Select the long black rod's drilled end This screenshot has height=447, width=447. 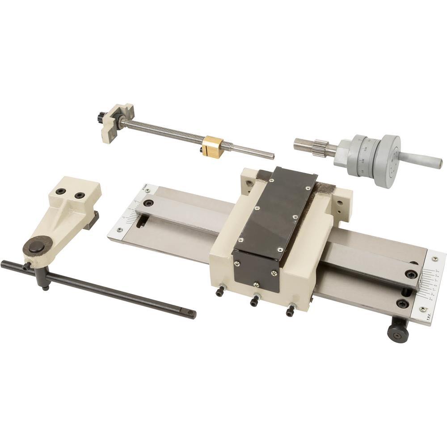click(x=191, y=314)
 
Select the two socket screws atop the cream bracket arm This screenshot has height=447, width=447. click(x=70, y=194)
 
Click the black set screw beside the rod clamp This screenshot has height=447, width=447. click(x=27, y=266)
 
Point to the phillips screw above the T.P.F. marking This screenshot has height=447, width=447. click(x=422, y=308)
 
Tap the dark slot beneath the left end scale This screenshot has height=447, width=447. click(x=142, y=220)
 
